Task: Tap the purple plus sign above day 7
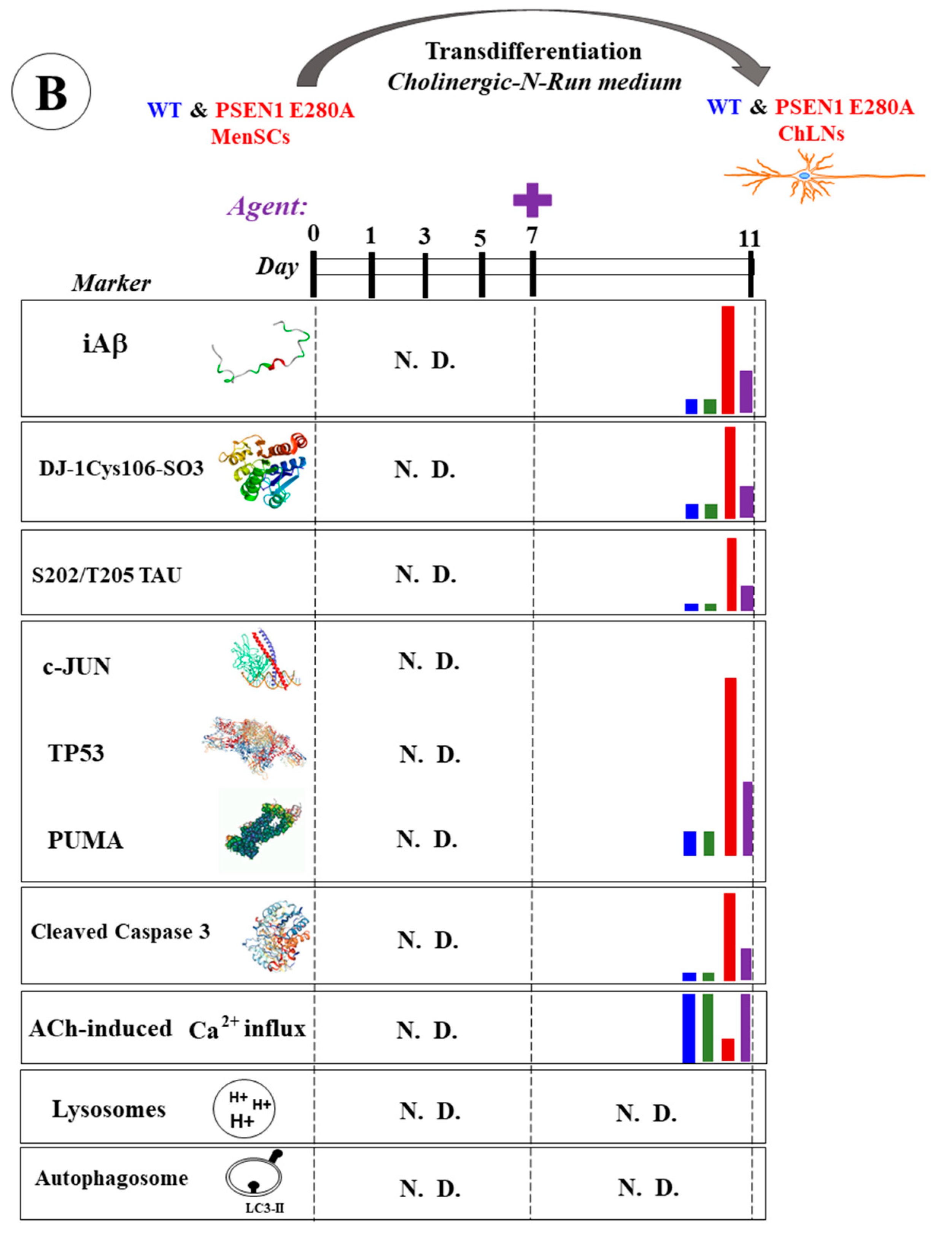532,200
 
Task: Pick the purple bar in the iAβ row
746,391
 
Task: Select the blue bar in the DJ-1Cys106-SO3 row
692,511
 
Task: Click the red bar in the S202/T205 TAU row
731,574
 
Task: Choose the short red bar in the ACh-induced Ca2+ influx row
727,1049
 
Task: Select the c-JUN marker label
77,667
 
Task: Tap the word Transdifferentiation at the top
533,52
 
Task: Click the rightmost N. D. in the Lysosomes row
646,1114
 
